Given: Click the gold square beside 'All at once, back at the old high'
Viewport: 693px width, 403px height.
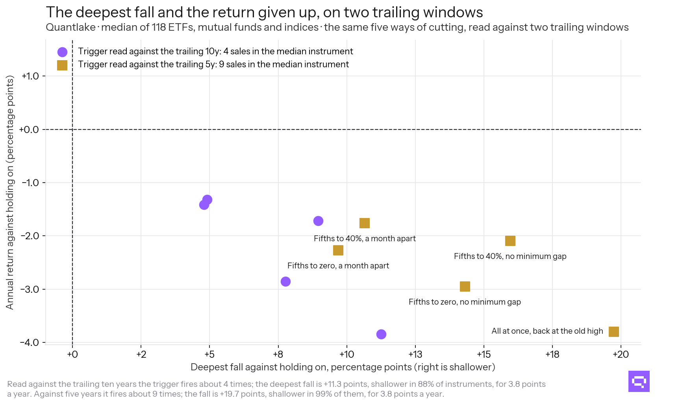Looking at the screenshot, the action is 613,332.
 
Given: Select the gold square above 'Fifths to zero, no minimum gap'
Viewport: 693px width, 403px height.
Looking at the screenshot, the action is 465,287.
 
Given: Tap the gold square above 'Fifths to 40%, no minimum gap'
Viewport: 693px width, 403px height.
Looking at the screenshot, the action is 510,241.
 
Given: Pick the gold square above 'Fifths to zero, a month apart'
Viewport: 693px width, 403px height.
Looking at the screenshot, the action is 338,250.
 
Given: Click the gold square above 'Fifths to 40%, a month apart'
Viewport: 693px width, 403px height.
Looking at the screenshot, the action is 365,223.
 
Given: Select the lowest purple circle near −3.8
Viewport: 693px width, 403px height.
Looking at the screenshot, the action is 381,335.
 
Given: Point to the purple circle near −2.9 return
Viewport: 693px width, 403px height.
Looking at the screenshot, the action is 286,282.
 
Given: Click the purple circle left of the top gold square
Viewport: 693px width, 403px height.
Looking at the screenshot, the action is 319,221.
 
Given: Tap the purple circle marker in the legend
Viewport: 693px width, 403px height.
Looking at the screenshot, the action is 62,52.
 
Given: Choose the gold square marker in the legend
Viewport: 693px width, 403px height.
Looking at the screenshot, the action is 62,65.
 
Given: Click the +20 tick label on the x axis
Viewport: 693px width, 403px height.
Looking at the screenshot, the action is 621,355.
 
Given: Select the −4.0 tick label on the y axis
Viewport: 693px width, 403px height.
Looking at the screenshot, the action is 30,343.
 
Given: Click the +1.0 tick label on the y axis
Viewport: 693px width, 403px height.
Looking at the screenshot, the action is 30,76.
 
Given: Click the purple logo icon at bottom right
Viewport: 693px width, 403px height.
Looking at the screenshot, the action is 639,381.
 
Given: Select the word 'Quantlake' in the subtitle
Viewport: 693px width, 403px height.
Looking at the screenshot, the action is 71,27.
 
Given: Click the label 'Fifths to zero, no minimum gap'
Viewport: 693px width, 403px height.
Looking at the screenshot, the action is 465,302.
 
